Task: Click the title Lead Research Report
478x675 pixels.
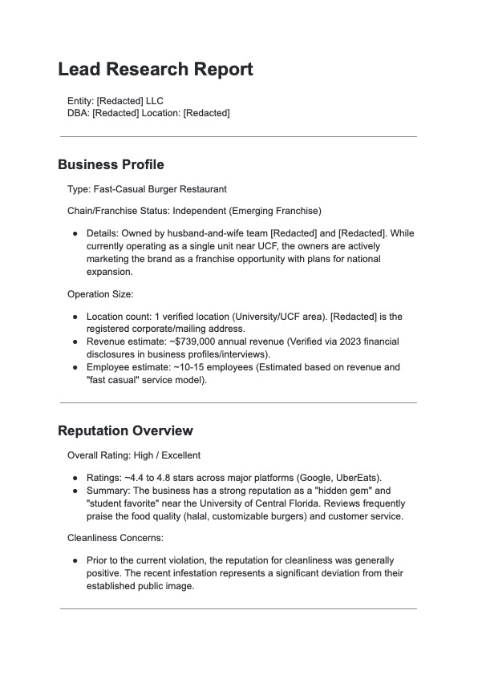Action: pos(156,69)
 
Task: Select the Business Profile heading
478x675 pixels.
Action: pos(111,164)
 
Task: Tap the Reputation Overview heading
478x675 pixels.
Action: pos(125,430)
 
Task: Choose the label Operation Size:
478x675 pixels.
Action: pos(100,294)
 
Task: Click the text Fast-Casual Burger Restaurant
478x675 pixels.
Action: pos(160,189)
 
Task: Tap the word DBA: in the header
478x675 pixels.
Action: pos(79,113)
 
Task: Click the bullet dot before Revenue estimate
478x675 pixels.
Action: pos(75,342)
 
